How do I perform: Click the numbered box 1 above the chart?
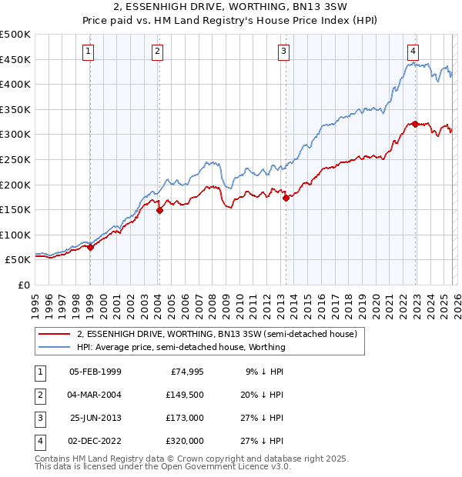coord(89,52)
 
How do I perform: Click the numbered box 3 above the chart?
coord(283,52)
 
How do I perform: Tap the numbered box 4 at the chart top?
coord(413,52)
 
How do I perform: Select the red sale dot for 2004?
coord(159,209)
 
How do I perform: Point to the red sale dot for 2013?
coord(286,198)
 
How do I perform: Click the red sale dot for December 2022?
coord(415,124)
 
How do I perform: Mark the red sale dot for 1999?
coord(90,247)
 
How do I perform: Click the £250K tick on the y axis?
coord(15,159)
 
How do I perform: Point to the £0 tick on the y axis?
coord(24,285)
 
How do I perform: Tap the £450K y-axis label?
coord(15,59)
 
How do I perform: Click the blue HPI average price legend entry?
coord(181,347)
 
